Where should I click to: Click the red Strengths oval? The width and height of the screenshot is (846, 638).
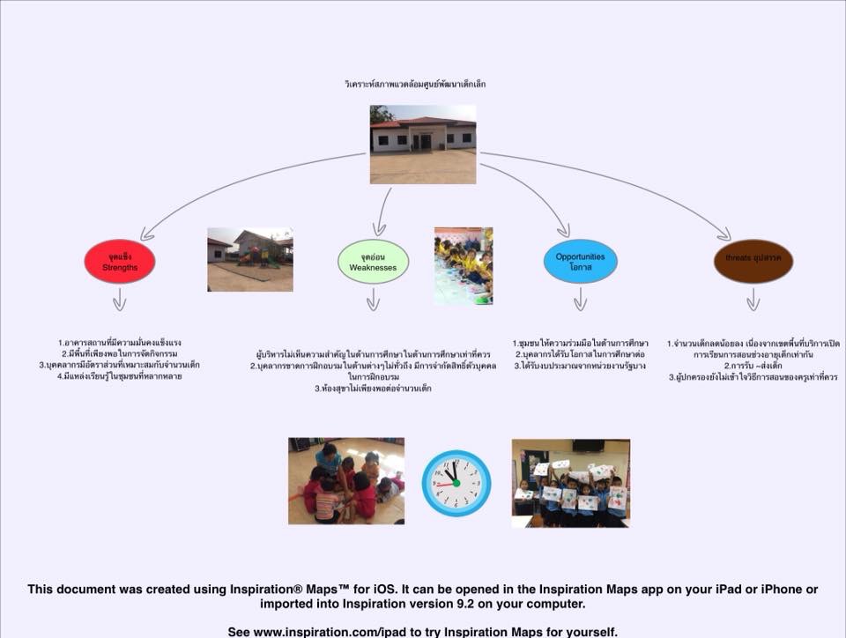pyautogui.click(x=120, y=262)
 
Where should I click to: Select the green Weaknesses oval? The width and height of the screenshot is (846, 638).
pyautogui.click(x=373, y=262)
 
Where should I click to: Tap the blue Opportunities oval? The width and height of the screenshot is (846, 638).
pyautogui.click(x=580, y=261)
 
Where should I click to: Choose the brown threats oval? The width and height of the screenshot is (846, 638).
pyautogui.click(x=753, y=262)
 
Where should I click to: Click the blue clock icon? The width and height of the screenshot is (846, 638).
pyautogui.click(x=456, y=483)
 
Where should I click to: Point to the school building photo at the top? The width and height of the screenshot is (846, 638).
pyautogui.click(x=423, y=145)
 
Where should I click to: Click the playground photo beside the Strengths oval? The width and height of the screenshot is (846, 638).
pyautogui.click(x=249, y=259)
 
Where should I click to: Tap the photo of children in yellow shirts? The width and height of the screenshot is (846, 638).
pyautogui.click(x=464, y=265)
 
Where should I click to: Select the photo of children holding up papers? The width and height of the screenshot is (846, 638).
pyautogui.click(x=570, y=483)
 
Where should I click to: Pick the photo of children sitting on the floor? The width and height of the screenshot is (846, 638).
pyautogui.click(x=345, y=481)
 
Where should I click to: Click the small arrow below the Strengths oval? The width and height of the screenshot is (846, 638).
pyautogui.click(x=120, y=301)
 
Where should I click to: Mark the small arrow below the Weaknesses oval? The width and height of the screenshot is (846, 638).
pyautogui.click(x=373, y=301)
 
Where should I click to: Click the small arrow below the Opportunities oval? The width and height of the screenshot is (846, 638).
pyautogui.click(x=580, y=301)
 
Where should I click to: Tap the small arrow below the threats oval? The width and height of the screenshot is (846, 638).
pyautogui.click(x=753, y=301)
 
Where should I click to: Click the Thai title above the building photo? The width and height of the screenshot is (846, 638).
pyautogui.click(x=415, y=85)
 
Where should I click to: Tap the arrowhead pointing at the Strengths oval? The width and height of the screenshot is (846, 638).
pyautogui.click(x=145, y=234)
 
